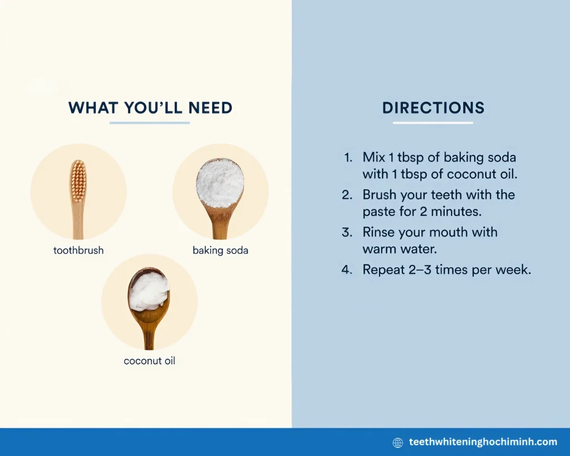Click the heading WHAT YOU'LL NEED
(x=150, y=107)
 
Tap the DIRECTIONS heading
(x=433, y=107)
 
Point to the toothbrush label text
(x=78, y=250)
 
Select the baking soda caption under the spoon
(x=220, y=250)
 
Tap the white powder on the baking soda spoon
(x=220, y=182)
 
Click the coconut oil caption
(x=149, y=361)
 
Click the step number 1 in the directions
(x=348, y=158)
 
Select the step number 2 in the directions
(x=347, y=195)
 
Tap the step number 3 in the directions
(x=347, y=232)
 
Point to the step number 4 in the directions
(x=347, y=270)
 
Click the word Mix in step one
(x=374, y=158)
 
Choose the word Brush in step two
(x=380, y=195)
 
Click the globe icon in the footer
(x=398, y=443)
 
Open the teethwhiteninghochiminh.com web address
(x=483, y=442)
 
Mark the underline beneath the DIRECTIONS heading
(x=433, y=123)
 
